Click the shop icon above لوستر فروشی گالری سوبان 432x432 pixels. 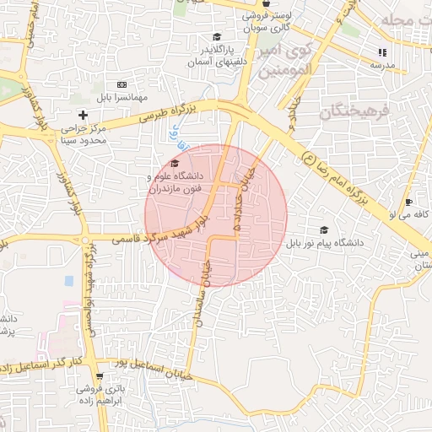click(267, 3)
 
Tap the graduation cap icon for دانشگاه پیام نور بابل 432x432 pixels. click(323, 230)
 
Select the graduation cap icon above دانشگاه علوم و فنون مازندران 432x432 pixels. click(175, 164)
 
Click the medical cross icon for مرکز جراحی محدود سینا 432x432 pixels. click(83, 115)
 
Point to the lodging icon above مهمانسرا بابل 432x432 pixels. click(122, 84)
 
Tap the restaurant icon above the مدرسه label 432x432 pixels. click(382, 52)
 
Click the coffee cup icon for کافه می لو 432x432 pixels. click(408, 202)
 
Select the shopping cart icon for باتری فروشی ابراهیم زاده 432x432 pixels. click(100, 376)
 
